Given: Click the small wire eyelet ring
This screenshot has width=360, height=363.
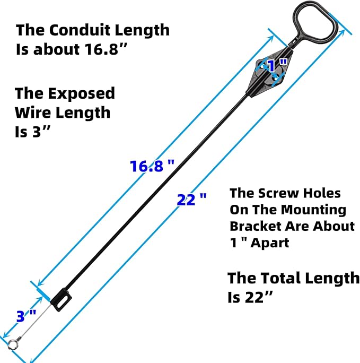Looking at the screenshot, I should click(12, 344).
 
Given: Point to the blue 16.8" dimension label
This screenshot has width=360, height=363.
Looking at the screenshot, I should click(152, 166).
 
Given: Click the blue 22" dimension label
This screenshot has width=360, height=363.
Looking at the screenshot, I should click(192, 200).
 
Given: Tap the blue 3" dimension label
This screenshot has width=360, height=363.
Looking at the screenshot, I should click(26, 317).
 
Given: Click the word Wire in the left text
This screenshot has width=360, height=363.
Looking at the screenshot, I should click(33, 113).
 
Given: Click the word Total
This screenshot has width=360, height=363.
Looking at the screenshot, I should click(278, 278).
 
